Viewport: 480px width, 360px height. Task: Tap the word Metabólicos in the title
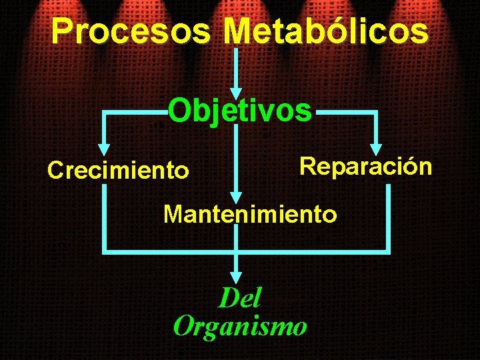pyautogui.click(x=327, y=31)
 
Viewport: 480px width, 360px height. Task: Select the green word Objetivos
pyautogui.click(x=239, y=111)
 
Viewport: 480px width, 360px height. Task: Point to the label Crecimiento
pyautogui.click(x=118, y=171)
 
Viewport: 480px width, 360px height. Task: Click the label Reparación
pyautogui.click(x=366, y=166)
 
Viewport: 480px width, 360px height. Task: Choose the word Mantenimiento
pyautogui.click(x=250, y=215)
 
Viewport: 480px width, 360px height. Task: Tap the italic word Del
pyautogui.click(x=240, y=298)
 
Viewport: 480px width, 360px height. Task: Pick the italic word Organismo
pyautogui.click(x=240, y=327)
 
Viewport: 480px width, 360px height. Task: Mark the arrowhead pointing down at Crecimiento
pyautogui.click(x=104, y=151)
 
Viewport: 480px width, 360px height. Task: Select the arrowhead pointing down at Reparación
pyautogui.click(x=377, y=148)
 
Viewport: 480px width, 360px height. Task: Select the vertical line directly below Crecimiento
pyautogui.click(x=104, y=217)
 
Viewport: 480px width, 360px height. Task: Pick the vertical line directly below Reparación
pyautogui.click(x=387, y=217)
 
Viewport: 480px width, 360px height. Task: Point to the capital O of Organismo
pyautogui.click(x=183, y=327)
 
